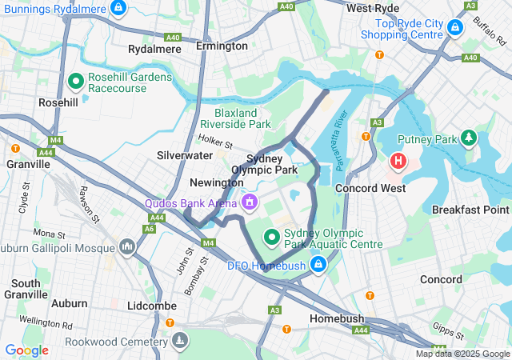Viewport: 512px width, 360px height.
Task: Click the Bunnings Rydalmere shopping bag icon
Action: point(118,8)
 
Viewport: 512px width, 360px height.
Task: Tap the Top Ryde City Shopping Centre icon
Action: point(455,28)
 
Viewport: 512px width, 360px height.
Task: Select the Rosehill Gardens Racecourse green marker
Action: point(76,81)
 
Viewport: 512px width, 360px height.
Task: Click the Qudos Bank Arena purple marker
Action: point(250,202)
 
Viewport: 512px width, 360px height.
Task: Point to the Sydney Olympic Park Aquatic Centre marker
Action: point(271,236)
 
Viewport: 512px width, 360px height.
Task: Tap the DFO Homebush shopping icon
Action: point(318,263)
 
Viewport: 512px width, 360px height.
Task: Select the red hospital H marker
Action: point(398,162)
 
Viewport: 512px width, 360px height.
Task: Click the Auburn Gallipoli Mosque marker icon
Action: point(126,246)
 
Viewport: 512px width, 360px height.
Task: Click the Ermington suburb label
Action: point(222,46)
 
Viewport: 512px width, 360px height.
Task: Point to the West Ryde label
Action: point(373,8)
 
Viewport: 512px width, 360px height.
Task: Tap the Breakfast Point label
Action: point(470,210)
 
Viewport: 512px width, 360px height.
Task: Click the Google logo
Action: point(26,350)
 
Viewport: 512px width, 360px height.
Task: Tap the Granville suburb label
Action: point(27,163)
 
